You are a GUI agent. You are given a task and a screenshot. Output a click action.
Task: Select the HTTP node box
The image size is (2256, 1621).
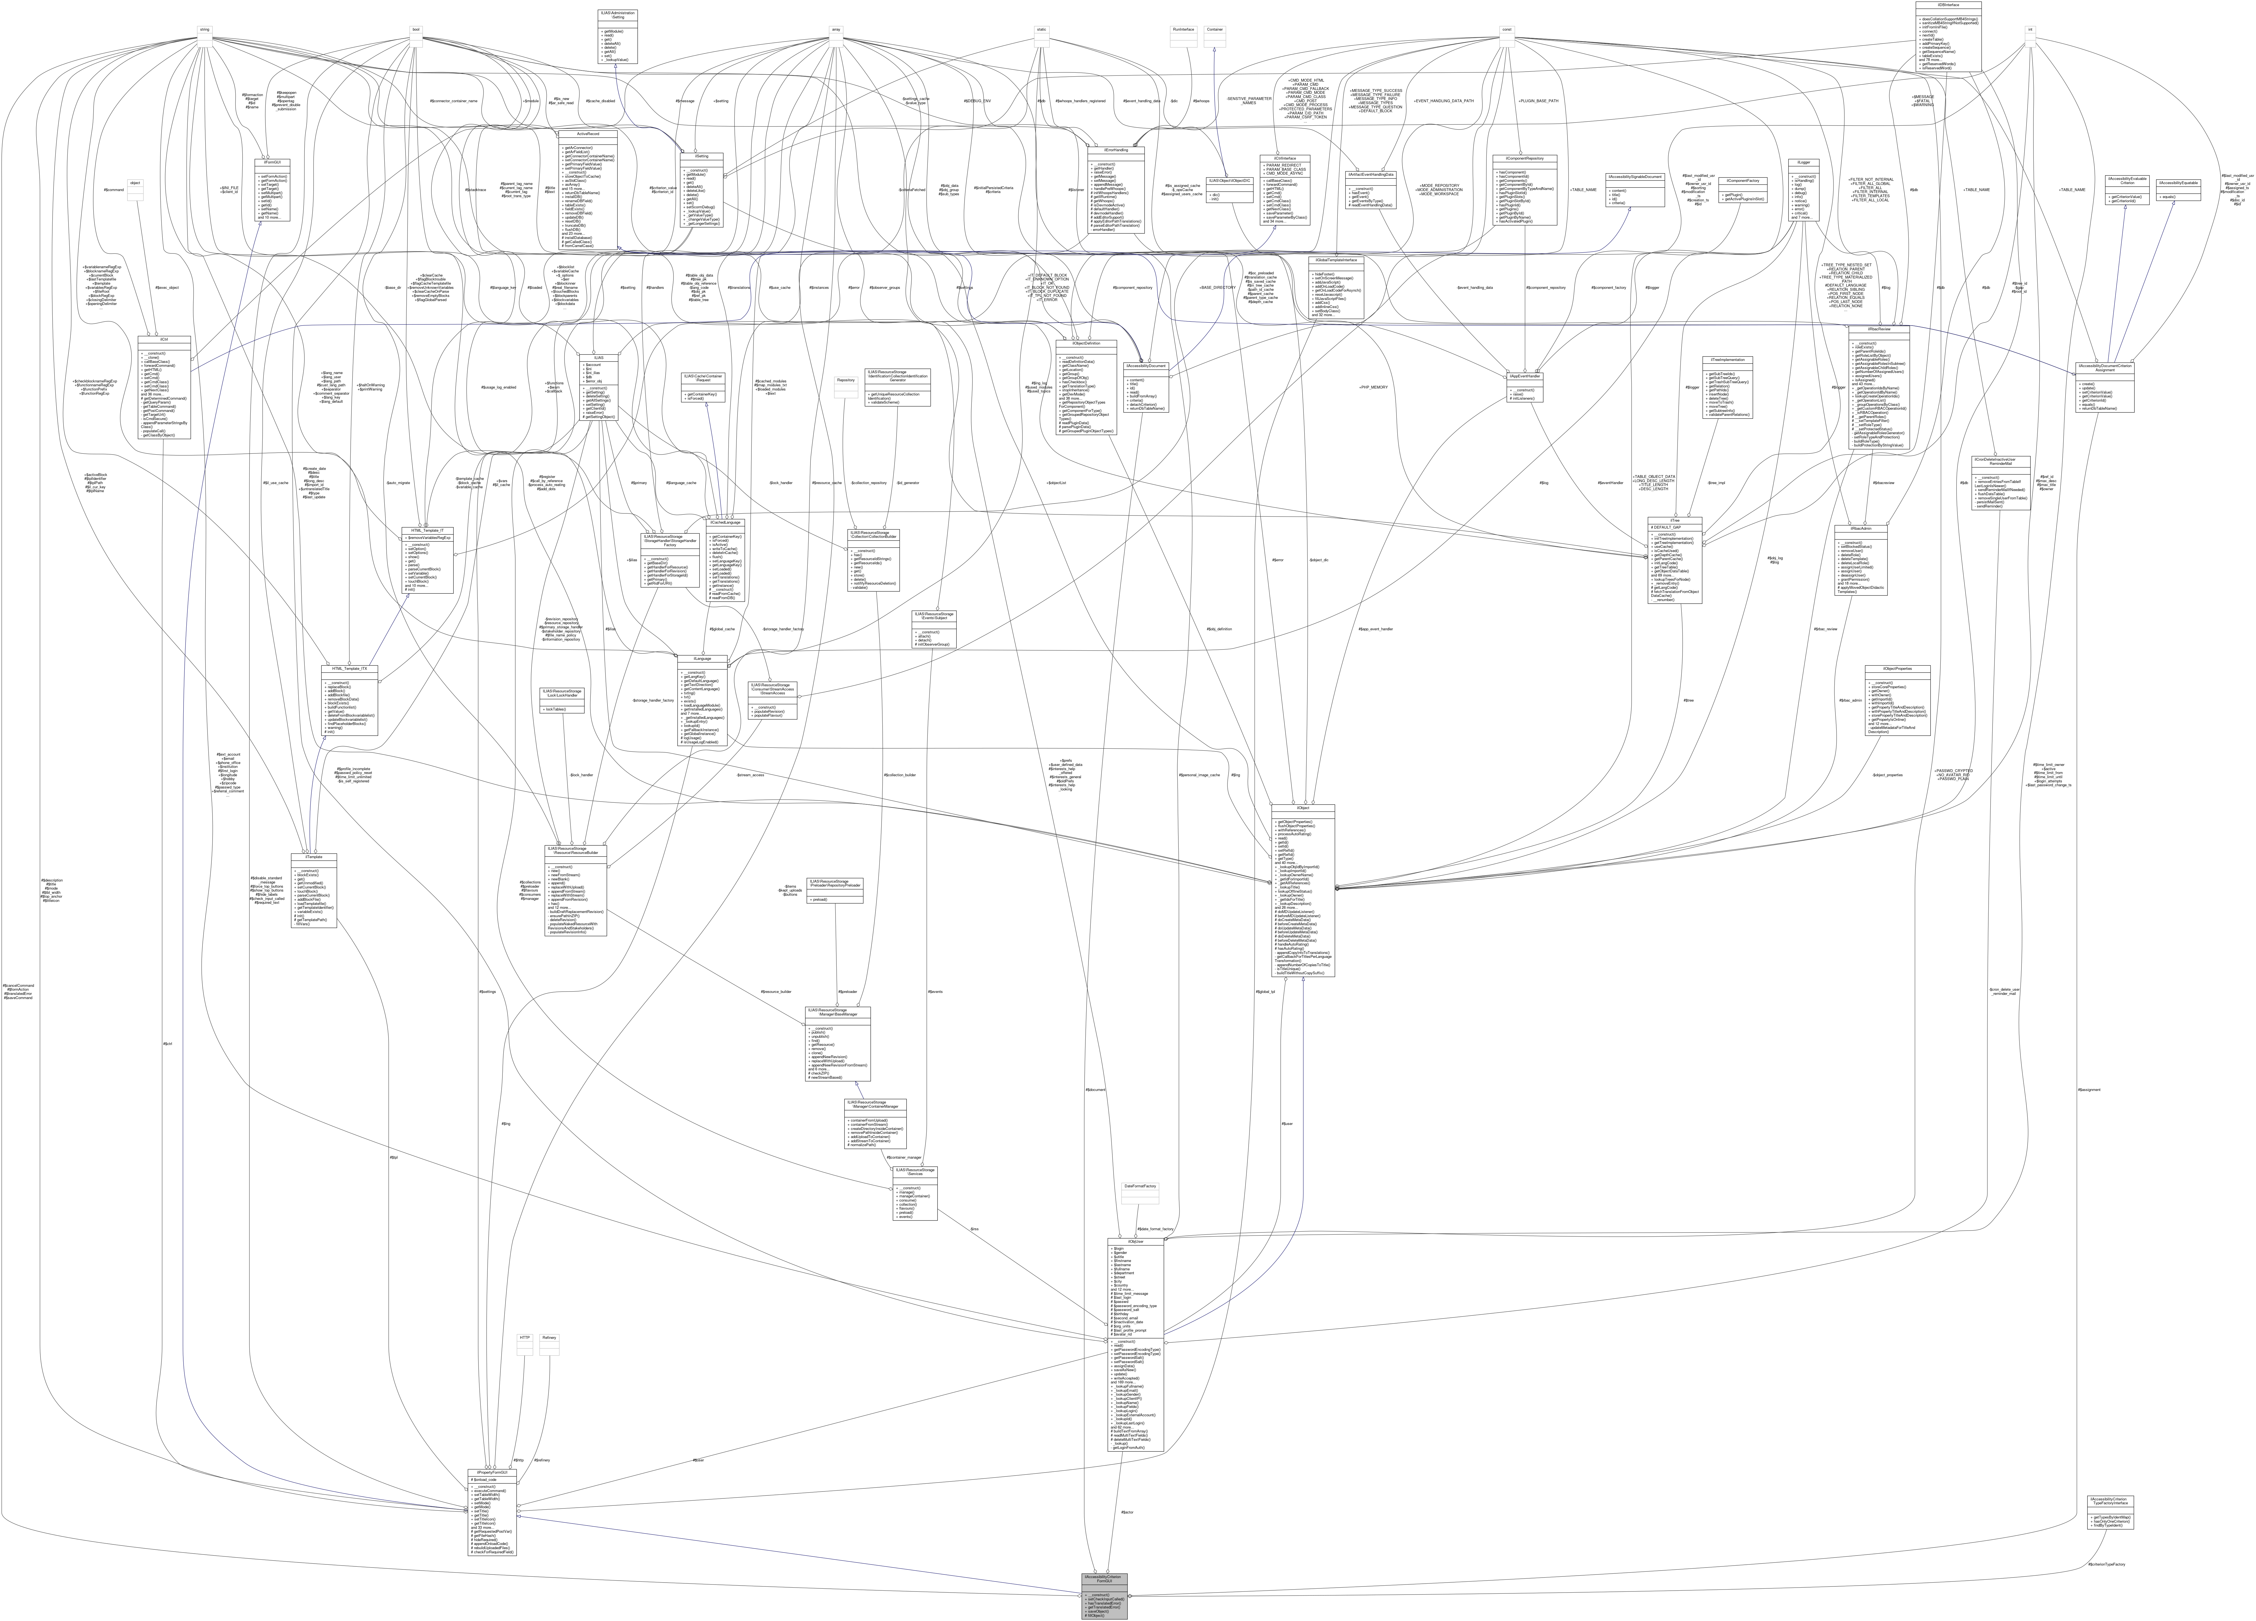pyautogui.click(x=524, y=1339)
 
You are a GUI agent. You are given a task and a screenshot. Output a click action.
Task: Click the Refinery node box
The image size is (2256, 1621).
pyautogui.click(x=548, y=1339)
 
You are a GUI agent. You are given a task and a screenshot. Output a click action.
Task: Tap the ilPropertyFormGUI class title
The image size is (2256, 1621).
pyautogui.click(x=492, y=1472)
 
